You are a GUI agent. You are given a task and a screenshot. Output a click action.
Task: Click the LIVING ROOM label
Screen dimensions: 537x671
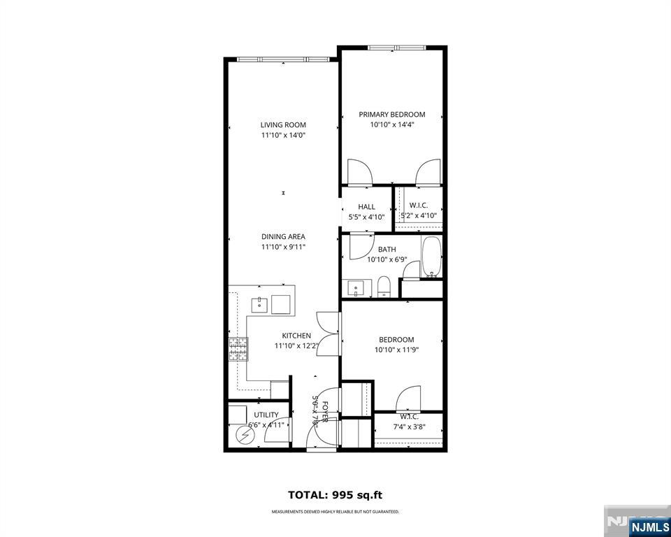pos(283,125)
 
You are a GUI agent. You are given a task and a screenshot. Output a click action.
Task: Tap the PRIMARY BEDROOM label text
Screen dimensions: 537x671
pos(391,115)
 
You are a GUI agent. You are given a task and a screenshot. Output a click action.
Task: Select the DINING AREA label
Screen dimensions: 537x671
pos(283,236)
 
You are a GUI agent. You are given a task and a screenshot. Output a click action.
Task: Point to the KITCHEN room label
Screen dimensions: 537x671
pos(296,336)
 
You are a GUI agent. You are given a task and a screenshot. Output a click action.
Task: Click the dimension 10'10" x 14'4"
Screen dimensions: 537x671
pos(391,125)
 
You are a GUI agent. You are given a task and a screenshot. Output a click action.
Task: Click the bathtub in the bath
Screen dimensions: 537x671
pos(431,257)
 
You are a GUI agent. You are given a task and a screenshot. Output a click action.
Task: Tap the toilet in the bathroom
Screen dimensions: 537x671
pos(384,287)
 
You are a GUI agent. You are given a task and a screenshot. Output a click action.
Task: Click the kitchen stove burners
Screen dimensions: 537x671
pos(238,348)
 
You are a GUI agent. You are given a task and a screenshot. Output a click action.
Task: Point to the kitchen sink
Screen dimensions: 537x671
pos(259,303)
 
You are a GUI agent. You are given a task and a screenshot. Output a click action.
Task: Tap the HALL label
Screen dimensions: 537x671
pos(366,207)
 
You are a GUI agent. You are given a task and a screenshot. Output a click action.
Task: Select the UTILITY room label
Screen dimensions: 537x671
pos(266,415)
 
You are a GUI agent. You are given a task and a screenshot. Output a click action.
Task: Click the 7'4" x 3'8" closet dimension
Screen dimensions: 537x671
pos(409,427)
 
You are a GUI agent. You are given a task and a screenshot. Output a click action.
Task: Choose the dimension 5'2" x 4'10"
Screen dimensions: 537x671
pos(418,216)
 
